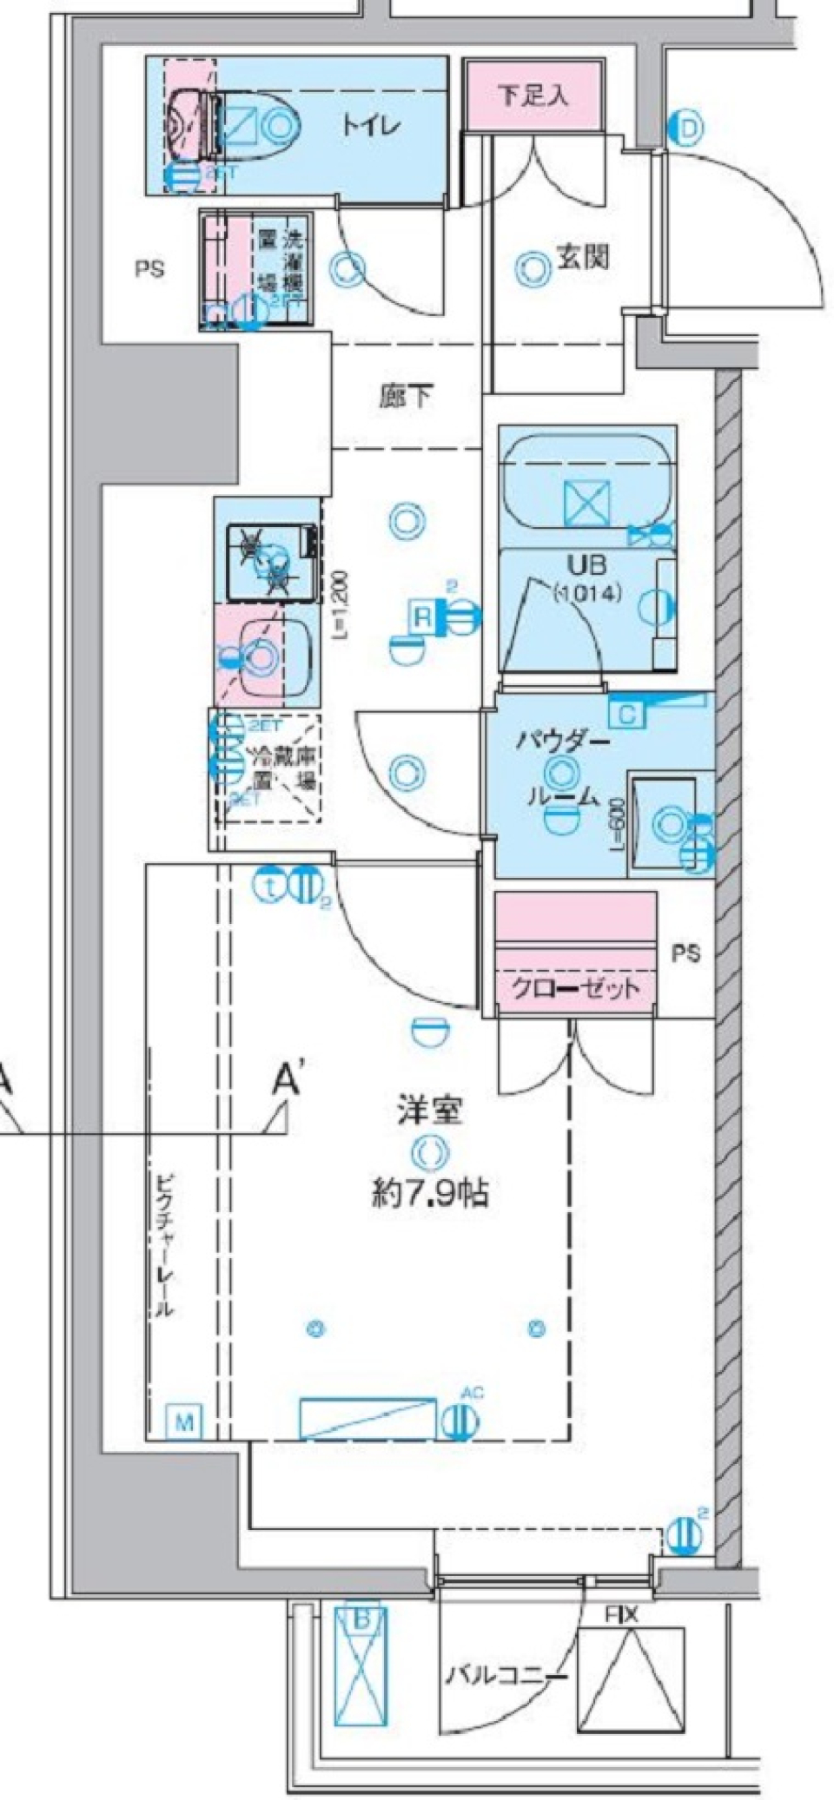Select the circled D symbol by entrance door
(687, 129)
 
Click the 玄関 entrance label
(582, 258)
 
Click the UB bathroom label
(587, 566)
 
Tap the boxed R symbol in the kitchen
(422, 617)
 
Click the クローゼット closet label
(574, 987)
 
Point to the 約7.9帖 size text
(430, 1195)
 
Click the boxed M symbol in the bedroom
(184, 1422)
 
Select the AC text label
(472, 1394)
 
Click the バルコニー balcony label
(506, 1672)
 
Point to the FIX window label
(622, 1615)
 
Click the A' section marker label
(288, 1081)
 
